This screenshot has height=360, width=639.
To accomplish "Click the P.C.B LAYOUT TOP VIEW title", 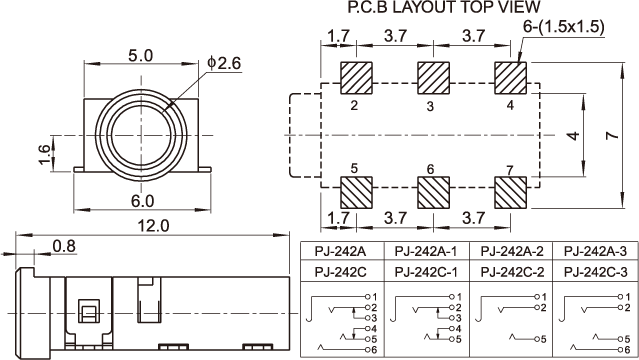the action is pyautogui.click(x=444, y=7).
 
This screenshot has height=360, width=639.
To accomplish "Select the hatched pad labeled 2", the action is pyautogui.click(x=356, y=78).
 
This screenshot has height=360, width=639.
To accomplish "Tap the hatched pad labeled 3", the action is pyautogui.click(x=433, y=78).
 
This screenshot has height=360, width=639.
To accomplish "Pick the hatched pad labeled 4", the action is pyautogui.click(x=510, y=78).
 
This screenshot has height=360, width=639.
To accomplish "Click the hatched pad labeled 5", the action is pyautogui.click(x=356, y=192).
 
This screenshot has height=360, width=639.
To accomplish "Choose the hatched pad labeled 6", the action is pyautogui.click(x=433, y=192).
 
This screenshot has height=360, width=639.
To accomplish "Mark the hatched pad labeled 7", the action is pyautogui.click(x=510, y=192).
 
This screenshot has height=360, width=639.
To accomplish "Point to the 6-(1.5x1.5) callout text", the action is pyautogui.click(x=564, y=27).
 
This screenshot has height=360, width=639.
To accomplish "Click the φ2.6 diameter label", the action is pyautogui.click(x=224, y=63).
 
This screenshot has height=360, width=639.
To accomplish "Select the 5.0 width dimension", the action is pyautogui.click(x=141, y=56).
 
